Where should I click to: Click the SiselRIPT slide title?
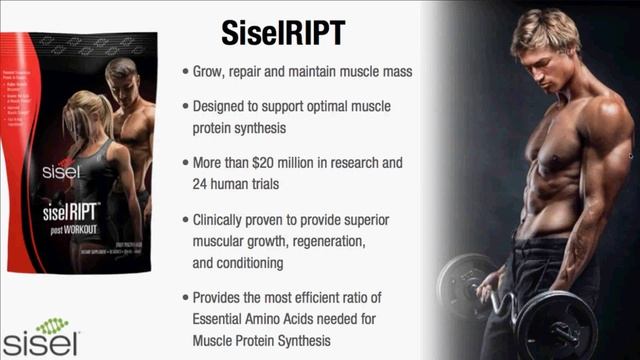click(x=283, y=32)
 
